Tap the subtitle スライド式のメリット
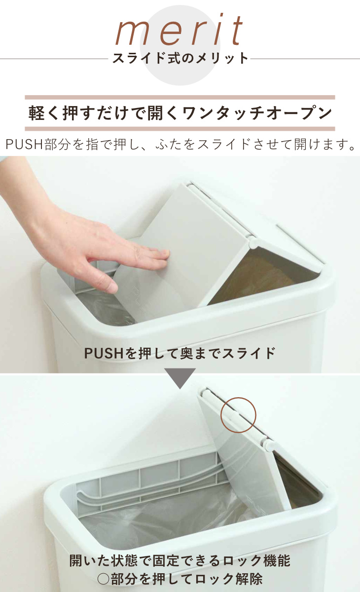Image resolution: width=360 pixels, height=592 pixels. [x=180, y=58]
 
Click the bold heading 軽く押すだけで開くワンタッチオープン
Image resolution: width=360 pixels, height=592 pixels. [x=180, y=113]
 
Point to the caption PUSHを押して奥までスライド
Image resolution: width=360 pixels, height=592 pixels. [x=180, y=353]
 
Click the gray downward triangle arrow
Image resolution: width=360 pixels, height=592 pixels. [x=180, y=378]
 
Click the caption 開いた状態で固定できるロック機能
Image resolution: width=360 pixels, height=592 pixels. [x=180, y=560]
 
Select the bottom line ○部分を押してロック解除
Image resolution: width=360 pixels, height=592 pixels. [x=180, y=578]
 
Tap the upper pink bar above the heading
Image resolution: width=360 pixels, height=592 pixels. [x=180, y=98]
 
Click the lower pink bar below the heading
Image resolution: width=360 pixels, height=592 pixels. [x=180, y=129]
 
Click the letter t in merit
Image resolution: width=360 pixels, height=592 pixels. [x=237, y=31]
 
